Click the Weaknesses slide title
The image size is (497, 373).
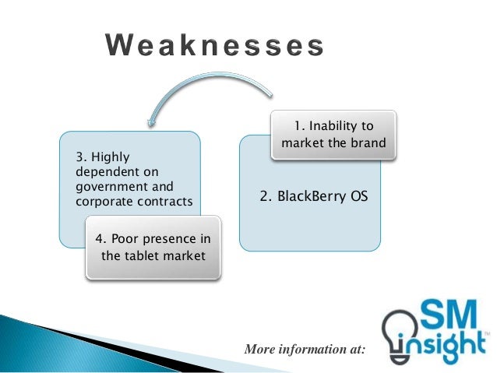[x=214, y=47]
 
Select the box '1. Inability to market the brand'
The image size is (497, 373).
[x=333, y=134]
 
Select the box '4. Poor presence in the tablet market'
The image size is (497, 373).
[x=153, y=246]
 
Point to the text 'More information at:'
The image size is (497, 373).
[x=304, y=350]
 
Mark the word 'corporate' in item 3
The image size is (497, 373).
[x=101, y=202]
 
